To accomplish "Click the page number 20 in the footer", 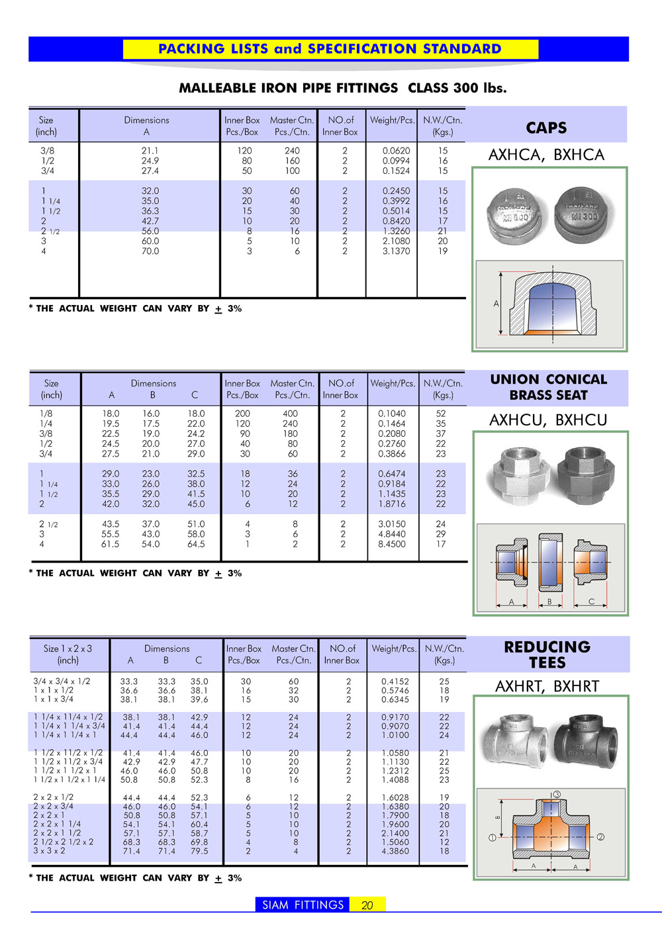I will pyautogui.click(x=367, y=905).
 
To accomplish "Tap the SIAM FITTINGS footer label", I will pyautogui.click(x=303, y=905).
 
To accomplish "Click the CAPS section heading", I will pyautogui.click(x=546, y=128).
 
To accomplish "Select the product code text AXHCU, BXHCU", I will pyautogui.click(x=548, y=420).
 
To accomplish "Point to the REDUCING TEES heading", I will pyautogui.click(x=547, y=654).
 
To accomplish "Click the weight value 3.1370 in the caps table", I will pyautogui.click(x=396, y=251).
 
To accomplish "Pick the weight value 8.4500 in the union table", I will pyautogui.click(x=392, y=544).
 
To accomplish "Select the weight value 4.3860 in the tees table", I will pyautogui.click(x=395, y=851).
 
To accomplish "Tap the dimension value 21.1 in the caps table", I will pyautogui.click(x=150, y=151).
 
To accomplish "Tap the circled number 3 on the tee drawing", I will pyautogui.click(x=557, y=794).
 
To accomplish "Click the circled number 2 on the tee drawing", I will pyautogui.click(x=600, y=837).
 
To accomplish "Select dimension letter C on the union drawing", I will pyautogui.click(x=591, y=601).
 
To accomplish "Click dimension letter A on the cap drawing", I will pyautogui.click(x=496, y=304).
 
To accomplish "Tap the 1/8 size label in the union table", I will pyautogui.click(x=46, y=414).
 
